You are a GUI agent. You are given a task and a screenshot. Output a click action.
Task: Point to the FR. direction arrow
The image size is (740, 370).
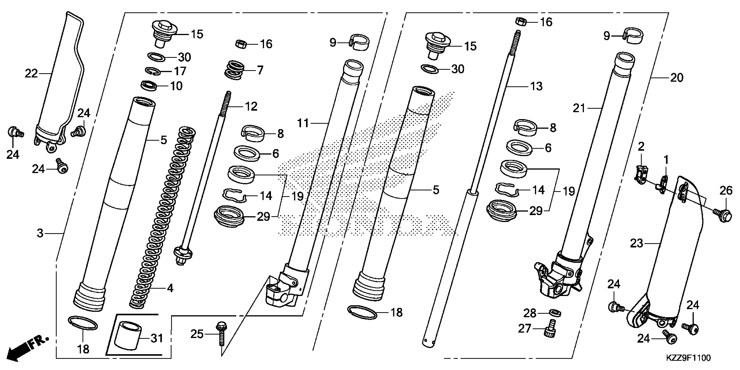coord(27,348)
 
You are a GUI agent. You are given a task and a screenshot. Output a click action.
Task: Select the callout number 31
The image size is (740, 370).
coord(157,338)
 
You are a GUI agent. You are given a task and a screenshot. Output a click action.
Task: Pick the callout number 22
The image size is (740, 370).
coord(31,74)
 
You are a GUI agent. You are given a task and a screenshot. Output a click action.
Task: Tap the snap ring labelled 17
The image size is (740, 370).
coord(153,71)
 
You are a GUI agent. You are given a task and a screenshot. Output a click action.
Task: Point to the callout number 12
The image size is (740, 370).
coord(251,107)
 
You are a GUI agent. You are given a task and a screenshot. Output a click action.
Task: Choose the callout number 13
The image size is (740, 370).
coord(536,86)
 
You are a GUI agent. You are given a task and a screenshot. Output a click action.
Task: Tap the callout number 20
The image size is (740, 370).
coord(676,77)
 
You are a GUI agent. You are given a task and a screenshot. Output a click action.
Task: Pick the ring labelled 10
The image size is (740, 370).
coord(149,85)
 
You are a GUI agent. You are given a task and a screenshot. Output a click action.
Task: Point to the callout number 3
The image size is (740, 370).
coord(40,233)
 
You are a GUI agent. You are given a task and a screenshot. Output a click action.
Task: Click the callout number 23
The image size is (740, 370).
coord(636,243)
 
